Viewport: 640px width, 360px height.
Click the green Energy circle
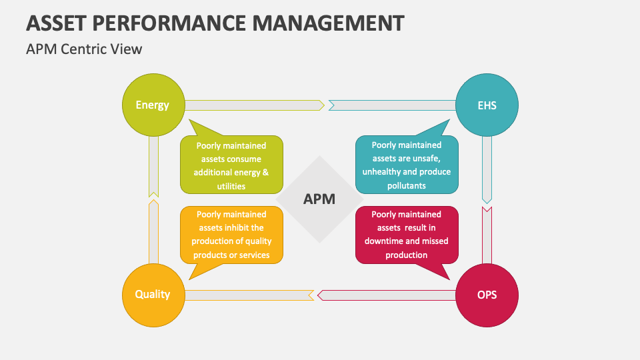click(x=153, y=105)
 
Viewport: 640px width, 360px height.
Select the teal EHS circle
click(x=487, y=105)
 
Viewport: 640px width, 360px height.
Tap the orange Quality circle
click(x=153, y=294)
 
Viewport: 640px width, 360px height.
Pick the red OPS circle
click(x=487, y=294)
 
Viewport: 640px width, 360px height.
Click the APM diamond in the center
click(x=319, y=199)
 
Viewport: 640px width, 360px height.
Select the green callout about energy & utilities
click(x=231, y=165)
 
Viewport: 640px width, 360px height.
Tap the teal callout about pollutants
click(x=407, y=165)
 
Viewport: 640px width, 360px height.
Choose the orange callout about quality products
click(x=231, y=235)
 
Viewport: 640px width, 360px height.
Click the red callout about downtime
click(x=407, y=235)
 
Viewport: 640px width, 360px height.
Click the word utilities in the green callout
click(x=231, y=186)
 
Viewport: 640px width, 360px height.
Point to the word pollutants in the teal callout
click(x=406, y=186)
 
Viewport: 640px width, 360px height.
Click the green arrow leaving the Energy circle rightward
click(x=253, y=105)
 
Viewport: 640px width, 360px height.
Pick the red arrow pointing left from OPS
click(x=387, y=295)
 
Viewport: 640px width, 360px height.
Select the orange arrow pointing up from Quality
click(x=153, y=230)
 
